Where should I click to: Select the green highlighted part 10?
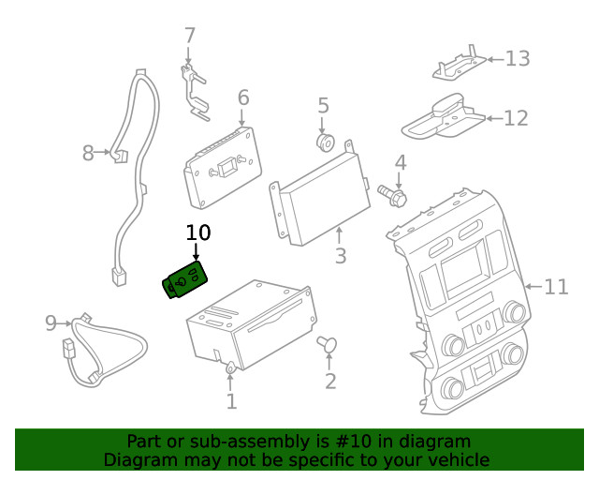point(185,280)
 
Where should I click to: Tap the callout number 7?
point(190,36)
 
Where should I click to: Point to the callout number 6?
point(242,97)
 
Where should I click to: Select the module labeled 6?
point(223,169)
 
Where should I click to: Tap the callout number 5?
point(323,105)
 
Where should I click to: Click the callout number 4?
point(400,163)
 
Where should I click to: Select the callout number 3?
point(340,255)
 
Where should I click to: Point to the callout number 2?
point(329,381)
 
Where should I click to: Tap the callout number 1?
point(231,402)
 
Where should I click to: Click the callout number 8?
point(88,153)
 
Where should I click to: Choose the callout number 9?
point(51,323)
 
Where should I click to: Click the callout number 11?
point(556,286)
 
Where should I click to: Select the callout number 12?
point(516,118)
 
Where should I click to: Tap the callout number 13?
point(518,58)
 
